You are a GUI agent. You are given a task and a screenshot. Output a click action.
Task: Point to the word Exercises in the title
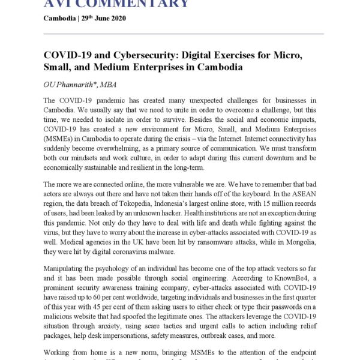point(227,56)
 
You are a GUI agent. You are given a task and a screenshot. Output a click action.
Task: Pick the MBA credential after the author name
point(118,85)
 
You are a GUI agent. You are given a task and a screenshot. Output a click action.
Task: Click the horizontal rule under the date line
point(184,34)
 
